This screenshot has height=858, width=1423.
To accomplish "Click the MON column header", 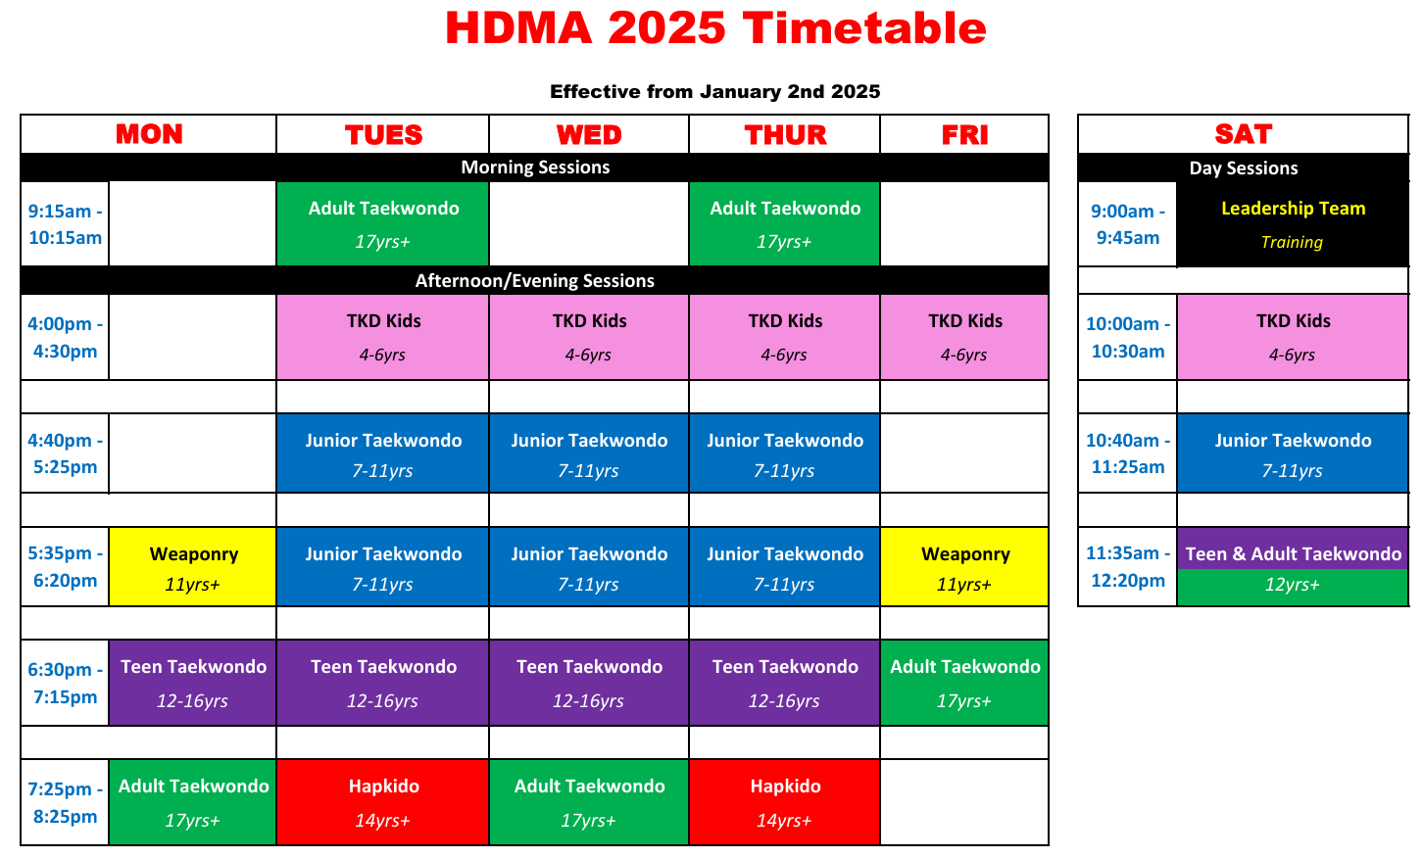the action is pyautogui.click(x=149, y=134).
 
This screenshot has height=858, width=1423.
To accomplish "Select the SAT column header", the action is pyautogui.click(x=1244, y=134).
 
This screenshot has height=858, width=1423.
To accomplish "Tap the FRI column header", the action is pyautogui.click(x=964, y=134).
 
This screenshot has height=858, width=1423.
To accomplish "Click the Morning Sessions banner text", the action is pyautogui.click(x=535, y=167).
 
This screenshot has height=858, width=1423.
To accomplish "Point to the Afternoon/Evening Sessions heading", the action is pyautogui.click(x=535, y=281).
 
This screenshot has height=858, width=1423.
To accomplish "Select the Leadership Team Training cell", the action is pyautogui.click(x=1293, y=224).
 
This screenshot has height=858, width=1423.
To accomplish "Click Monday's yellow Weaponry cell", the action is pyautogui.click(x=192, y=566).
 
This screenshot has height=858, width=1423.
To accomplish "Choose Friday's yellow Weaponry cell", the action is pyautogui.click(x=964, y=566).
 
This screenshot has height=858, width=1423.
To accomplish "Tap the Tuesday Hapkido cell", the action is pyautogui.click(x=383, y=802).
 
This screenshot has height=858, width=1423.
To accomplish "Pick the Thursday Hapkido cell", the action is pyautogui.click(x=785, y=802).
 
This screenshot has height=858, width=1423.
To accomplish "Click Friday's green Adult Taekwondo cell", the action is pyautogui.click(x=964, y=683).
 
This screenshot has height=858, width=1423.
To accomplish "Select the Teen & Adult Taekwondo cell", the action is pyautogui.click(x=1293, y=566).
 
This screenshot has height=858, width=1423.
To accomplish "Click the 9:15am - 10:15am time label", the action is pyautogui.click(x=65, y=224).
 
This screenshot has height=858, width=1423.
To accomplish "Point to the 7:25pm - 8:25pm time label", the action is pyautogui.click(x=65, y=802).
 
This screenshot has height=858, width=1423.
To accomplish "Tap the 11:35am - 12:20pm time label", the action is pyautogui.click(x=1128, y=566).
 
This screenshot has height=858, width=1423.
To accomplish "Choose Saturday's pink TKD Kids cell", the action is pyautogui.click(x=1293, y=337).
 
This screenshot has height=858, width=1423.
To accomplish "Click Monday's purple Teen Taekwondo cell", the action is pyautogui.click(x=192, y=683).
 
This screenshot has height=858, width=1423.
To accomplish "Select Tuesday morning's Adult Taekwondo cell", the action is pyautogui.click(x=383, y=223).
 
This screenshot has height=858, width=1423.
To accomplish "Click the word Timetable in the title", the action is pyautogui.click(x=864, y=28).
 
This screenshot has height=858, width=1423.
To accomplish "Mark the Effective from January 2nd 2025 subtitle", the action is pyautogui.click(x=714, y=91).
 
